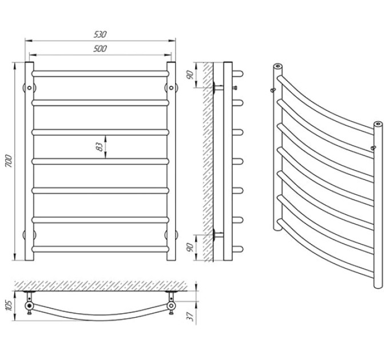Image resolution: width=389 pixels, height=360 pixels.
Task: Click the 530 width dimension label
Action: tap(100, 34)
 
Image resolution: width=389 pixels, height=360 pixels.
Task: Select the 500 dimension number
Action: tap(100, 49)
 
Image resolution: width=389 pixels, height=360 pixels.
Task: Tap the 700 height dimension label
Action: tap(9, 161)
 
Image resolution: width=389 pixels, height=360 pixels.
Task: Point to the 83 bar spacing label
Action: tap(99, 147)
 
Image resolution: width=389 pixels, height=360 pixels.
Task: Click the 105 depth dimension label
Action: tap(9, 306)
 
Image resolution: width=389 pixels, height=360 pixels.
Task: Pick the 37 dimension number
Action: tap(190, 317)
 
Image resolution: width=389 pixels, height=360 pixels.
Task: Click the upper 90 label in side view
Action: tap(190, 75)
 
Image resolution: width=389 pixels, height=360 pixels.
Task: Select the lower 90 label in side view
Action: tap(190, 247)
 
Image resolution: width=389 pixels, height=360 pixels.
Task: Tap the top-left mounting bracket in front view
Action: tap(29, 87)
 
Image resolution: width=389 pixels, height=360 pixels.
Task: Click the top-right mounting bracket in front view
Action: tap(171, 87)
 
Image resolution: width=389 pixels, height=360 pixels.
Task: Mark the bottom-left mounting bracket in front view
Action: tap(29, 235)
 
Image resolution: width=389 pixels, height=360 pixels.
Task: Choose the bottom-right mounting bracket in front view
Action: tap(171, 235)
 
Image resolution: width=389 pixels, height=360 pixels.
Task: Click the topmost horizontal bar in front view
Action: tap(100, 74)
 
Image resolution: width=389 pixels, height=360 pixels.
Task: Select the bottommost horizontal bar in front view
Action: tap(100, 249)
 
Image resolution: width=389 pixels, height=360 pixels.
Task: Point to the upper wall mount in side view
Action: tap(218, 87)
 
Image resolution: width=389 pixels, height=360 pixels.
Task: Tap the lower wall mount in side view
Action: tap(218, 235)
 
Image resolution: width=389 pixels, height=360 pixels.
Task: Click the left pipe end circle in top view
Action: tap(29, 306)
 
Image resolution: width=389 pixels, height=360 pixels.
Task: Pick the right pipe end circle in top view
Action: tap(171, 306)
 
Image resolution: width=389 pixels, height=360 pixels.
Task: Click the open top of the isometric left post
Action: tap(278, 66)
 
